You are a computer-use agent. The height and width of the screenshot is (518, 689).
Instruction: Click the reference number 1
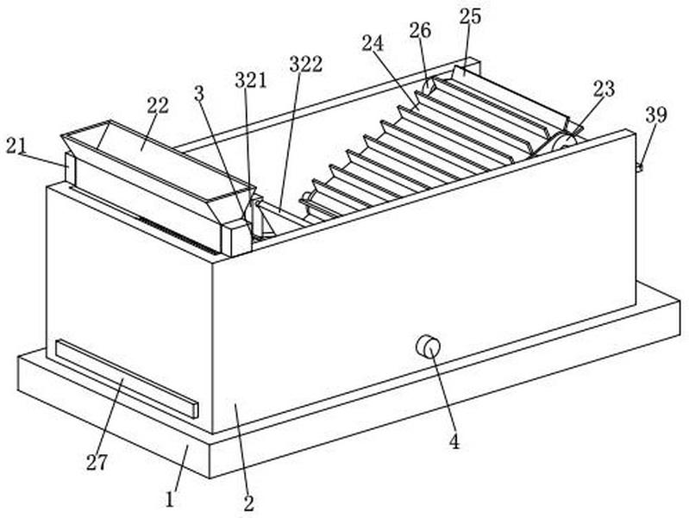[x=171, y=498]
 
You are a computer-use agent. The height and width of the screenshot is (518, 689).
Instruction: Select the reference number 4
[x=454, y=443]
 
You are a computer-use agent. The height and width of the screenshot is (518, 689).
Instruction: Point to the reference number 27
[x=97, y=462]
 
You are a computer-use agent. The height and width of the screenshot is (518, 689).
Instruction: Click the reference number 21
[x=16, y=146]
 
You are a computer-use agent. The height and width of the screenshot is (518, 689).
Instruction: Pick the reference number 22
[x=157, y=105]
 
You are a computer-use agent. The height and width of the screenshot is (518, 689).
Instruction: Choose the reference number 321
[x=251, y=80]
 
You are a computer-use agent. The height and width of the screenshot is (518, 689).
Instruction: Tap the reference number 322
[x=305, y=64]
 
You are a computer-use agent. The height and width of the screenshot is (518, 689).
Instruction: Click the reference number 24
[x=372, y=44]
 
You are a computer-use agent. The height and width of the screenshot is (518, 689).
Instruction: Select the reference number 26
[x=420, y=30]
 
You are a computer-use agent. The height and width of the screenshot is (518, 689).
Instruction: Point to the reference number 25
[x=470, y=16]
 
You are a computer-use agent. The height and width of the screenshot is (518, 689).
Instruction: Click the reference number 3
[x=199, y=93]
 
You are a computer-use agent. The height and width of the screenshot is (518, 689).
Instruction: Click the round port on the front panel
[x=428, y=346]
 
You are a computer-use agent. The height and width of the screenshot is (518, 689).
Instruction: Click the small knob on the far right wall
[x=639, y=166]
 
